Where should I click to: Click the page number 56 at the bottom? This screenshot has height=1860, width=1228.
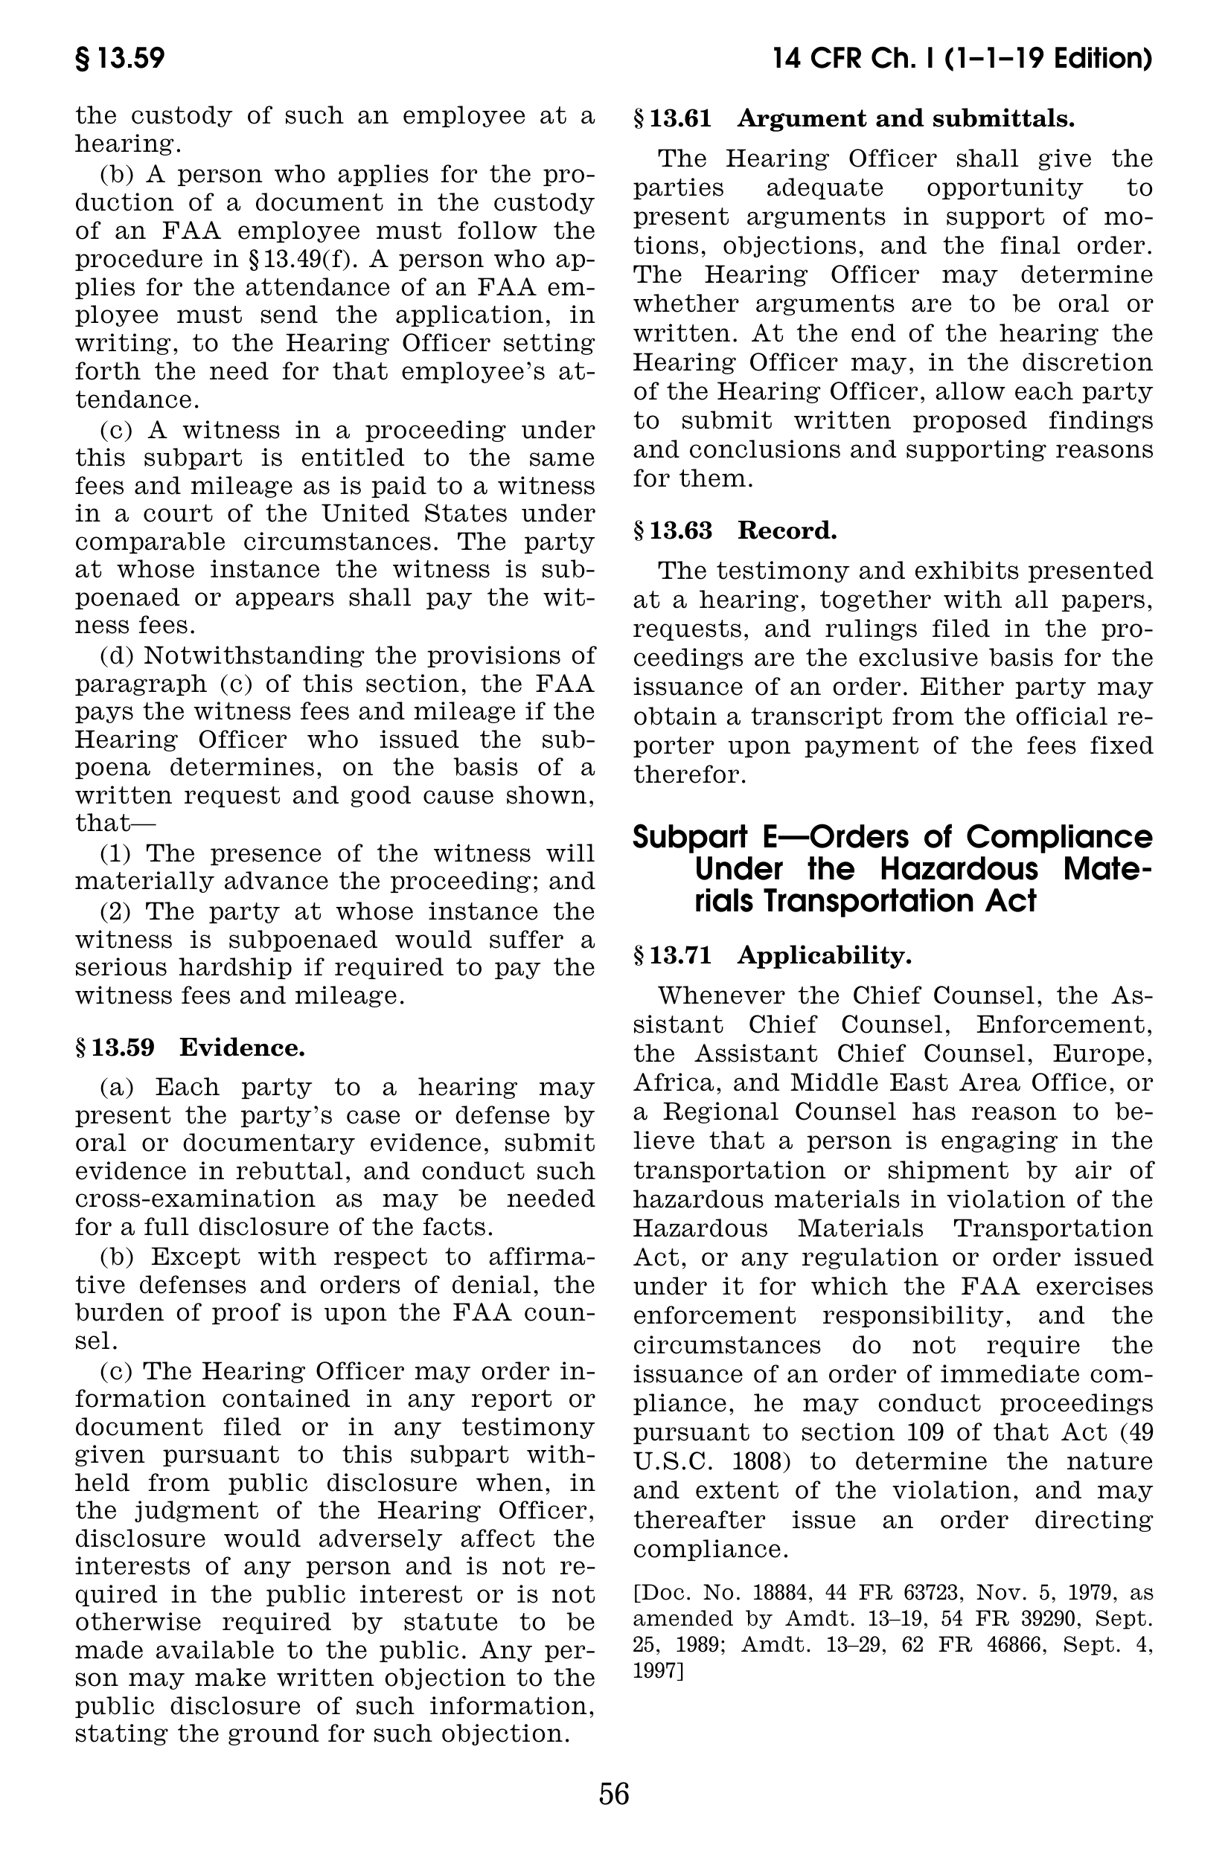pyautogui.click(x=614, y=1794)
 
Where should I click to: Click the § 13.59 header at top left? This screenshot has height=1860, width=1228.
pyautogui.click(x=120, y=60)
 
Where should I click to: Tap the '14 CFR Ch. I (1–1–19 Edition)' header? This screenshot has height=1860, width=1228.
pyautogui.click(x=962, y=60)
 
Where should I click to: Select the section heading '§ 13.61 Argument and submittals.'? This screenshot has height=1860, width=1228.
pyautogui.click(x=854, y=119)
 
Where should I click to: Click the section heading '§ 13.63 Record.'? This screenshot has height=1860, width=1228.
pyautogui.click(x=735, y=530)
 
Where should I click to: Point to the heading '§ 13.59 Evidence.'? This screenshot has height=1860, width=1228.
pyautogui.click(x=190, y=1048)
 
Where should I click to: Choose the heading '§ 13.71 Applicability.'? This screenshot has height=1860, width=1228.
pyautogui.click(x=773, y=956)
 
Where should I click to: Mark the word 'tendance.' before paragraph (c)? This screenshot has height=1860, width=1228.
pyautogui.click(x=137, y=400)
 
